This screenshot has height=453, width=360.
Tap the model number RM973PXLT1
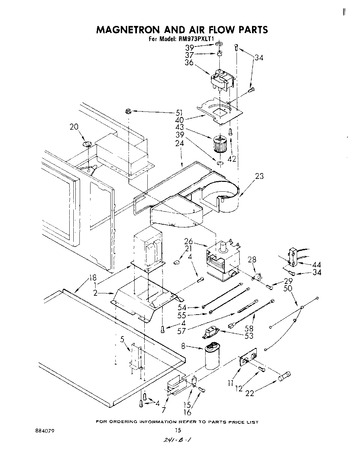click(x=196, y=39)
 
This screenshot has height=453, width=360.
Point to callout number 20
click(x=74, y=127)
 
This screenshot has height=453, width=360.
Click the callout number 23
click(x=259, y=176)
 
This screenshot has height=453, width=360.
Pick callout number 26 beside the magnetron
click(x=188, y=241)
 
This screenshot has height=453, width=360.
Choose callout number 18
click(x=93, y=278)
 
